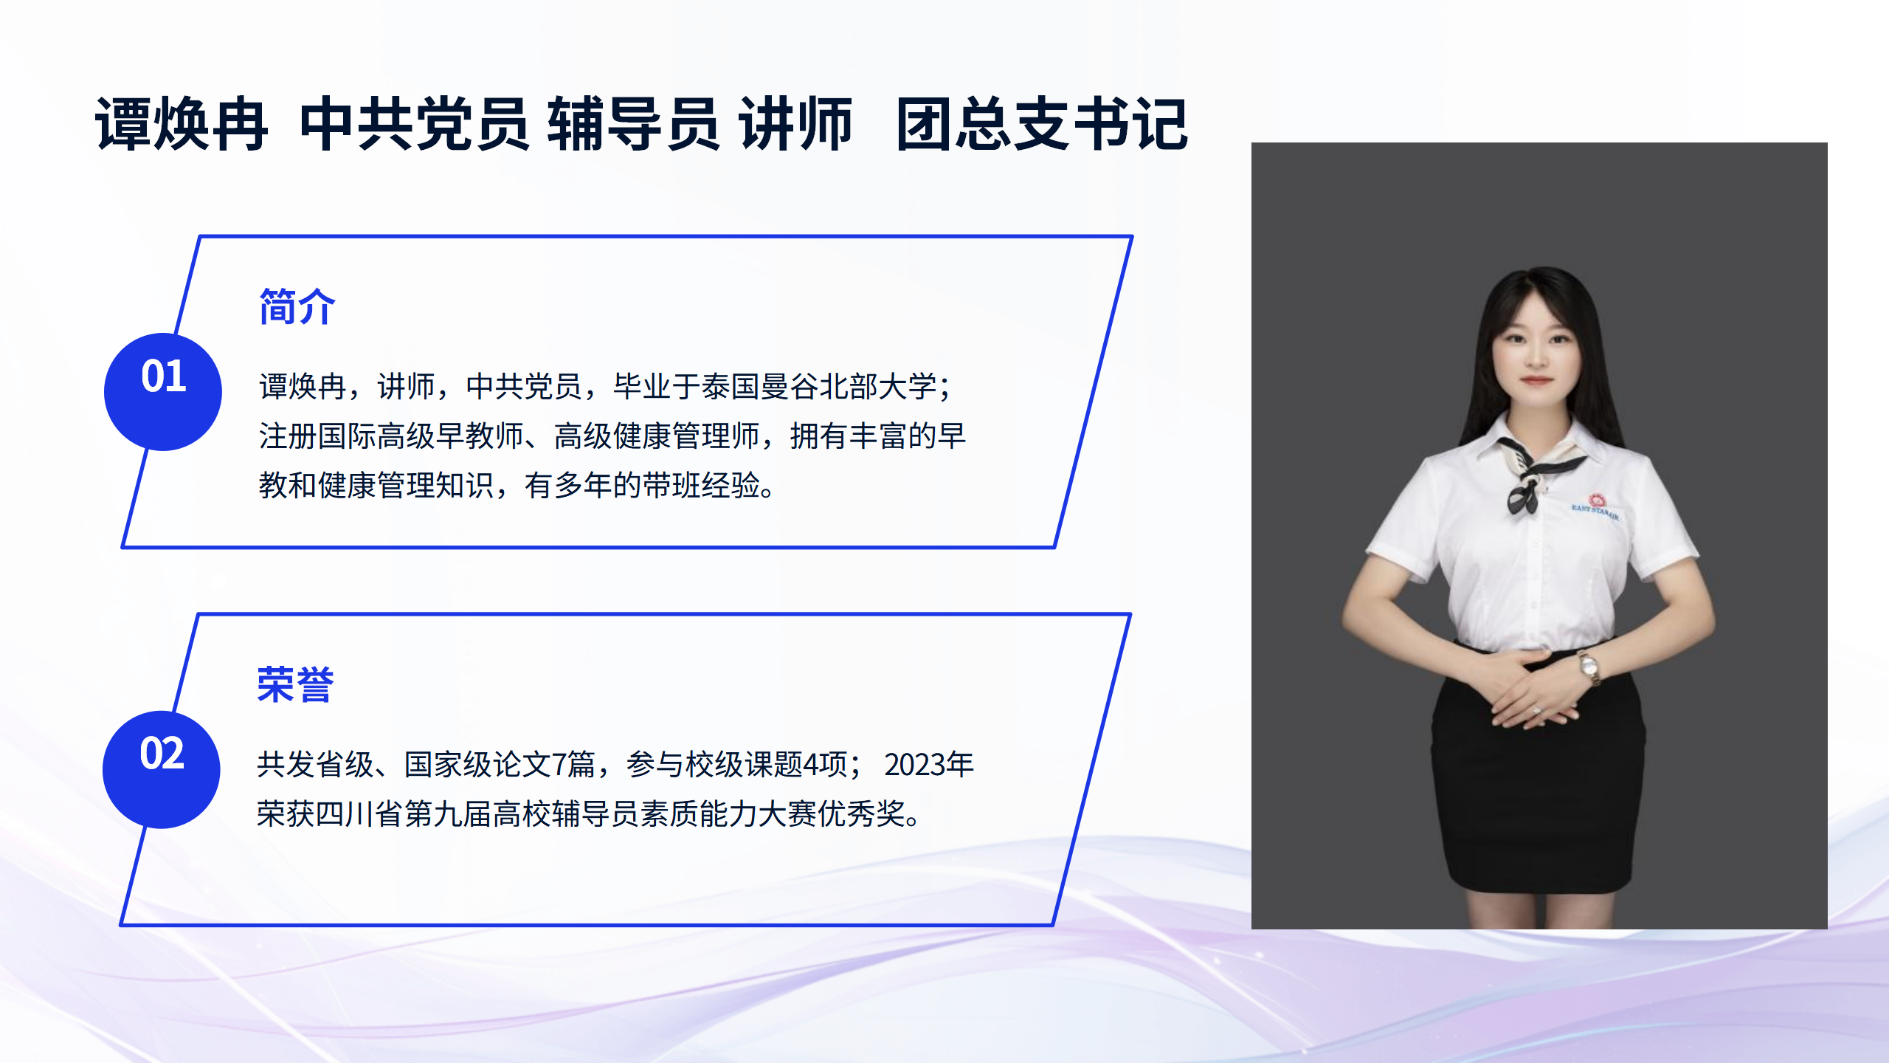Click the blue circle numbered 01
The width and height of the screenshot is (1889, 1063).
point(163,392)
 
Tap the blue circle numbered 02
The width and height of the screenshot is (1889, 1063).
point(162,769)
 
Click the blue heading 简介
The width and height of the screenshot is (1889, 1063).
point(297,306)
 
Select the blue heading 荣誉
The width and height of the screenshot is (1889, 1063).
point(295,684)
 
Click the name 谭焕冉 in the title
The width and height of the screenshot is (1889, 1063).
point(182,124)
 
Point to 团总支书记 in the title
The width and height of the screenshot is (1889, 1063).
point(1042,124)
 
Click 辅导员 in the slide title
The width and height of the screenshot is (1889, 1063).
point(633,124)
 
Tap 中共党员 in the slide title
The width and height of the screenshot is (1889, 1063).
point(415,124)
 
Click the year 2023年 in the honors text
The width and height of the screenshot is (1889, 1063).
point(929,765)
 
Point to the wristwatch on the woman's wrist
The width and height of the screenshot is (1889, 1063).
point(1589,668)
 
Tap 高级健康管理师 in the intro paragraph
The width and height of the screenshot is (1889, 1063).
point(657,436)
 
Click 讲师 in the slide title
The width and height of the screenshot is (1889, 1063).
point(796,124)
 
